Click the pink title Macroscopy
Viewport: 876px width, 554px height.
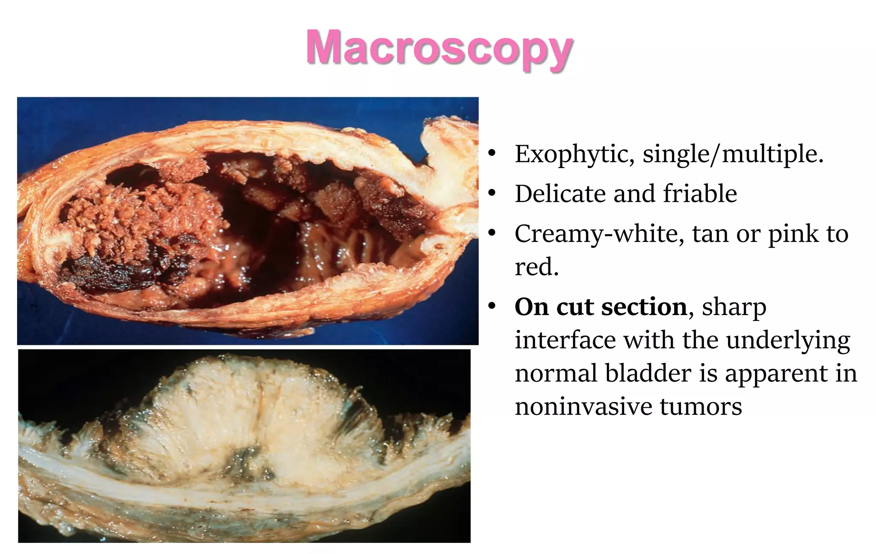coord(439,48)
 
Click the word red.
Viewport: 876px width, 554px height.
coord(536,267)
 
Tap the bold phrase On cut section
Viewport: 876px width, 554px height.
coord(601,307)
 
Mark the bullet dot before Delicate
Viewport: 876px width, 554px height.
coord(492,194)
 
